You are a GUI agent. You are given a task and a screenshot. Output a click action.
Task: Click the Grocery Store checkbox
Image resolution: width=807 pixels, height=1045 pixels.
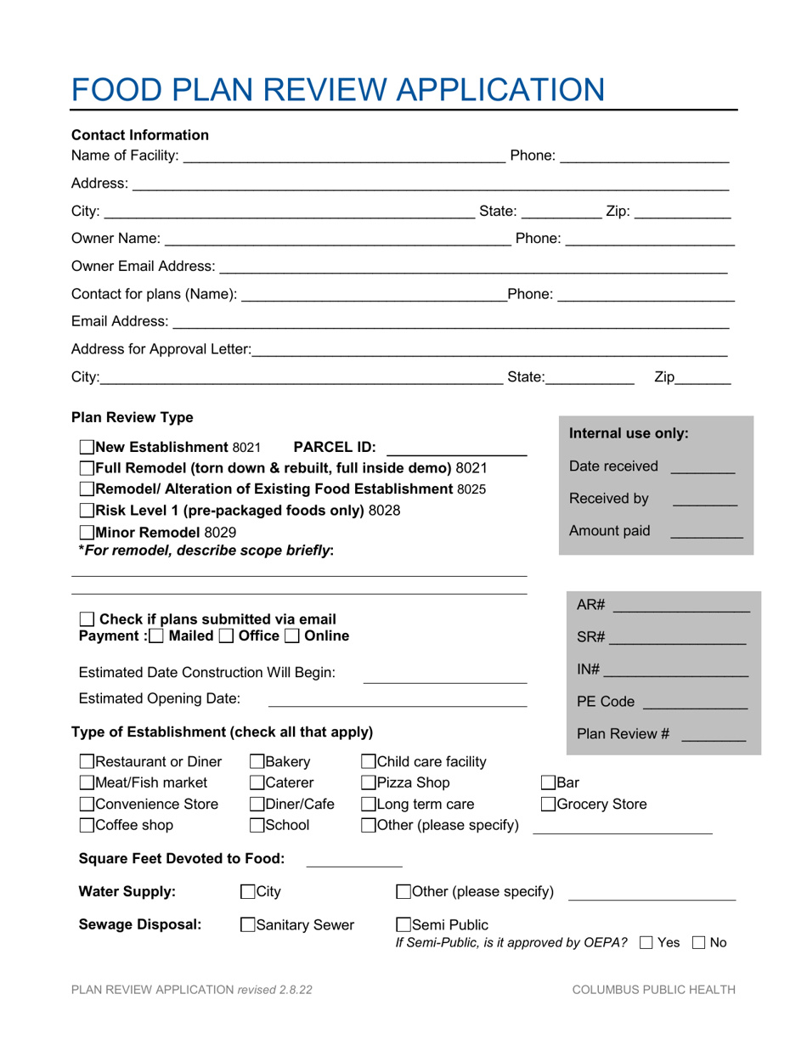[x=550, y=804]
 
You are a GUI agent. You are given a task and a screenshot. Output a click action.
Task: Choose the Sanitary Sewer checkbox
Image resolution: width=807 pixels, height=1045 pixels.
[x=248, y=925]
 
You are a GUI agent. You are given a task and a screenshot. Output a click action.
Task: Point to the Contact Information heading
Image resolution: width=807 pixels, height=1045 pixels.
[x=140, y=134]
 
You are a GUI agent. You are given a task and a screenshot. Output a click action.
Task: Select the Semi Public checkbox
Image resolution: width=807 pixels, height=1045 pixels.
[x=404, y=925]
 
